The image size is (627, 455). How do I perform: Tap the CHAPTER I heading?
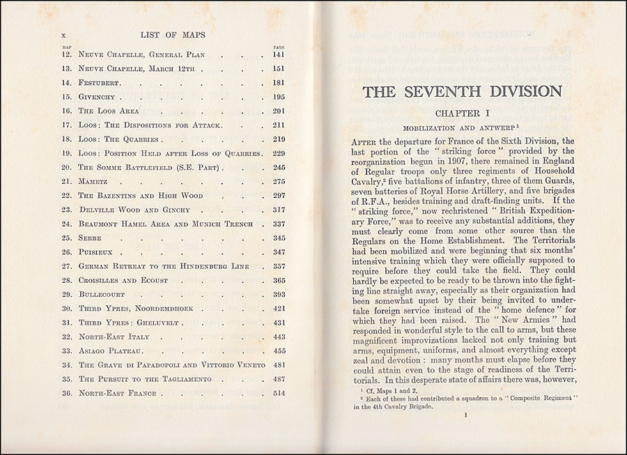coord(461,113)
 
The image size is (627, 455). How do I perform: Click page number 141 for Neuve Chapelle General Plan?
coord(279,54)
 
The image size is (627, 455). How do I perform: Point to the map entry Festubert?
coord(100,82)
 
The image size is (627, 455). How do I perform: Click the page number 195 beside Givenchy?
coord(279,96)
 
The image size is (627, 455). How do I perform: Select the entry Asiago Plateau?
coord(110,350)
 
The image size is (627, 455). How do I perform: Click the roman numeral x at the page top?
coord(64,33)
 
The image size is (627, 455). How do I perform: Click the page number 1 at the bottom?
coord(463,416)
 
